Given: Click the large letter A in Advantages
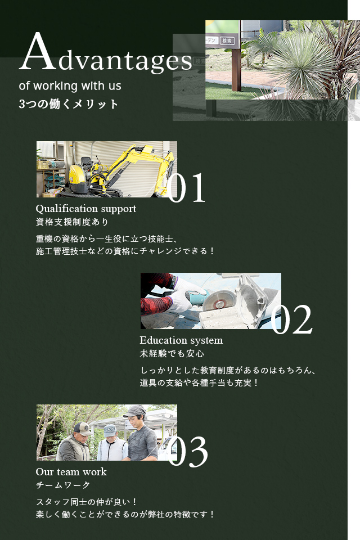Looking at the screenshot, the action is [38, 52].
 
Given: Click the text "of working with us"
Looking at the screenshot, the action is [70, 85].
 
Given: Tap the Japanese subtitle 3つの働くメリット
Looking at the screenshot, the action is [68, 104].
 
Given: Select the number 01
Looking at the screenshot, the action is [186, 188].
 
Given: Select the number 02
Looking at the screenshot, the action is [291, 320].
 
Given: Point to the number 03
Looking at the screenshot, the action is [188, 452].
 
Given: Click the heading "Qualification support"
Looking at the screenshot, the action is [85, 209].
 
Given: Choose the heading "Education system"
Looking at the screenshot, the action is [181, 340].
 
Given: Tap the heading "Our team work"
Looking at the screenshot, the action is [71, 472].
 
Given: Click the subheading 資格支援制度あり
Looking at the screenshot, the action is [72, 222].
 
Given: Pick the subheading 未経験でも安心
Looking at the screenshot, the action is [172, 354].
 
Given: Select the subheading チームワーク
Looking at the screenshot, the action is [63, 485].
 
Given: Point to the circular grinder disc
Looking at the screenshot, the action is [219, 300].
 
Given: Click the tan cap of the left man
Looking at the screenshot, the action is [82, 429].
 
